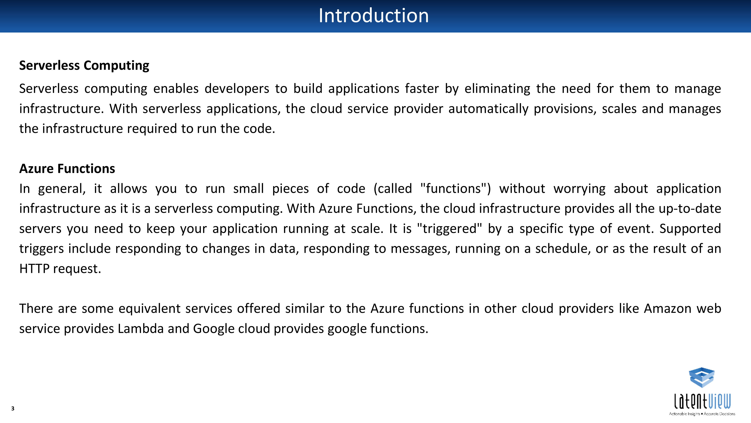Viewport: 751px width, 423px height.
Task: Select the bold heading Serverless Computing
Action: tap(84, 66)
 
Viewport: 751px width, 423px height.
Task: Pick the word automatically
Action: tap(488, 109)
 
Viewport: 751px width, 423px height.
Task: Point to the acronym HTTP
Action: tap(34, 269)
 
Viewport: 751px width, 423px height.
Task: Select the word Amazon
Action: tap(668, 309)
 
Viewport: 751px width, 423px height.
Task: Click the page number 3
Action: tap(13, 408)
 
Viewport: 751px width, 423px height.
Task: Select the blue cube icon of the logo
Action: tap(702, 377)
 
